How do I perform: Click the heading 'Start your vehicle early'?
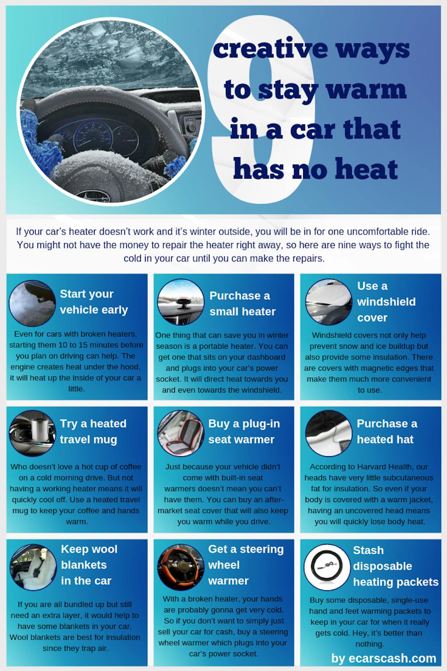click(x=94, y=302)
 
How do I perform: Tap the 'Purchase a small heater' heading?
click(x=242, y=303)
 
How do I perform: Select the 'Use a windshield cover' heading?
click(x=386, y=302)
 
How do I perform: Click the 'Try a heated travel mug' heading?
click(x=93, y=432)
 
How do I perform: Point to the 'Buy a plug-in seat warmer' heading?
click(x=244, y=432)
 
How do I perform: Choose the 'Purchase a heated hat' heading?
click(x=387, y=432)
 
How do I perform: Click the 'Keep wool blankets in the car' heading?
click(x=89, y=564)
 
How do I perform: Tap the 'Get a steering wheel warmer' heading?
click(x=246, y=564)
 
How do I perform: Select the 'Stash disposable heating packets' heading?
click(x=396, y=566)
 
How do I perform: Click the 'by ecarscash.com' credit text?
click(x=384, y=658)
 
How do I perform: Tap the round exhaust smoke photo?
click(x=32, y=303)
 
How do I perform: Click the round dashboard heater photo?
click(x=181, y=302)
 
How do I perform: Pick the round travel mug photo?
click(x=33, y=433)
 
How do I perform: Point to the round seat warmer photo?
click(x=181, y=433)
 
